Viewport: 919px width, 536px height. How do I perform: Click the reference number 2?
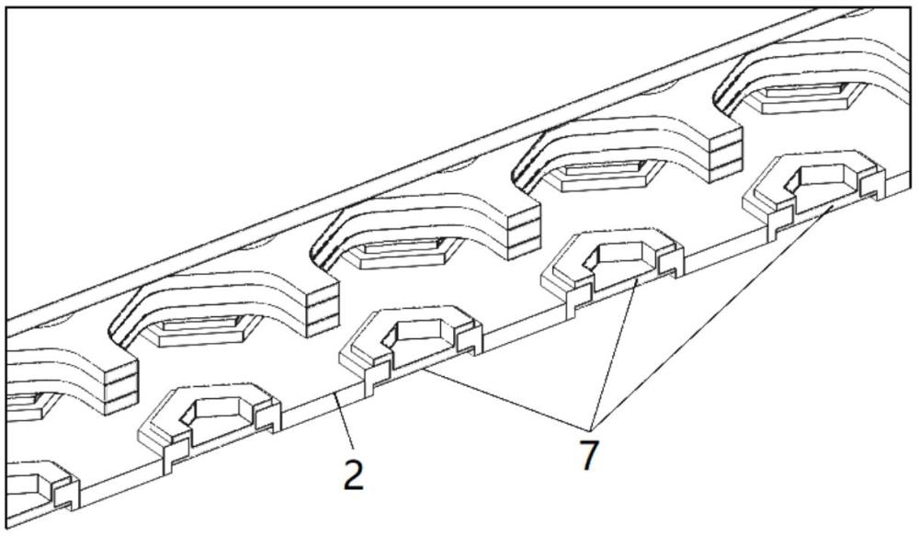pyautogui.click(x=354, y=475)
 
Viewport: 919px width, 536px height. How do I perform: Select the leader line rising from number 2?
pyautogui.click(x=345, y=424)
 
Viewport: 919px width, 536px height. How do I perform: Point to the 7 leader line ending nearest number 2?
pyautogui.click(x=507, y=399)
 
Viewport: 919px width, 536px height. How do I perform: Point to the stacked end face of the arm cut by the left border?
pyautogui.click(x=120, y=388)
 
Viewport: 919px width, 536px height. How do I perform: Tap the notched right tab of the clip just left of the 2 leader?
pyautogui.click(x=267, y=416)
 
